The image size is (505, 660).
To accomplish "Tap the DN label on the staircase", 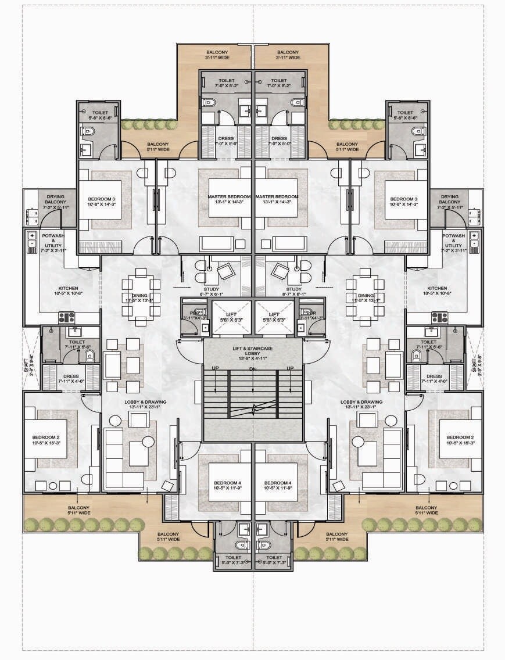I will [x=253, y=370].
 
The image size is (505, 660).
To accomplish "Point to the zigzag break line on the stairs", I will [x=253, y=410].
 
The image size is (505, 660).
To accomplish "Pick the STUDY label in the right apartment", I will [x=294, y=289].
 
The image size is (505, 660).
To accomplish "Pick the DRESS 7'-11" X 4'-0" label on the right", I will [x=434, y=379].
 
